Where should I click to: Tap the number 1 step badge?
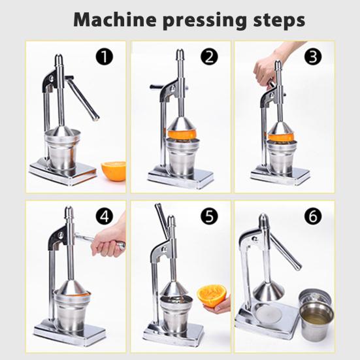[x=105, y=57]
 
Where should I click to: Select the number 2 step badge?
[x=209, y=57]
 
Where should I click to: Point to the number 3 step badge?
[x=314, y=57]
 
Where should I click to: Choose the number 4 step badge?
[x=105, y=214]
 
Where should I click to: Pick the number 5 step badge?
[x=209, y=214]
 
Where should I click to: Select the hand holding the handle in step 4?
[x=106, y=244]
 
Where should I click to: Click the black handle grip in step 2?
[x=157, y=86]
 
